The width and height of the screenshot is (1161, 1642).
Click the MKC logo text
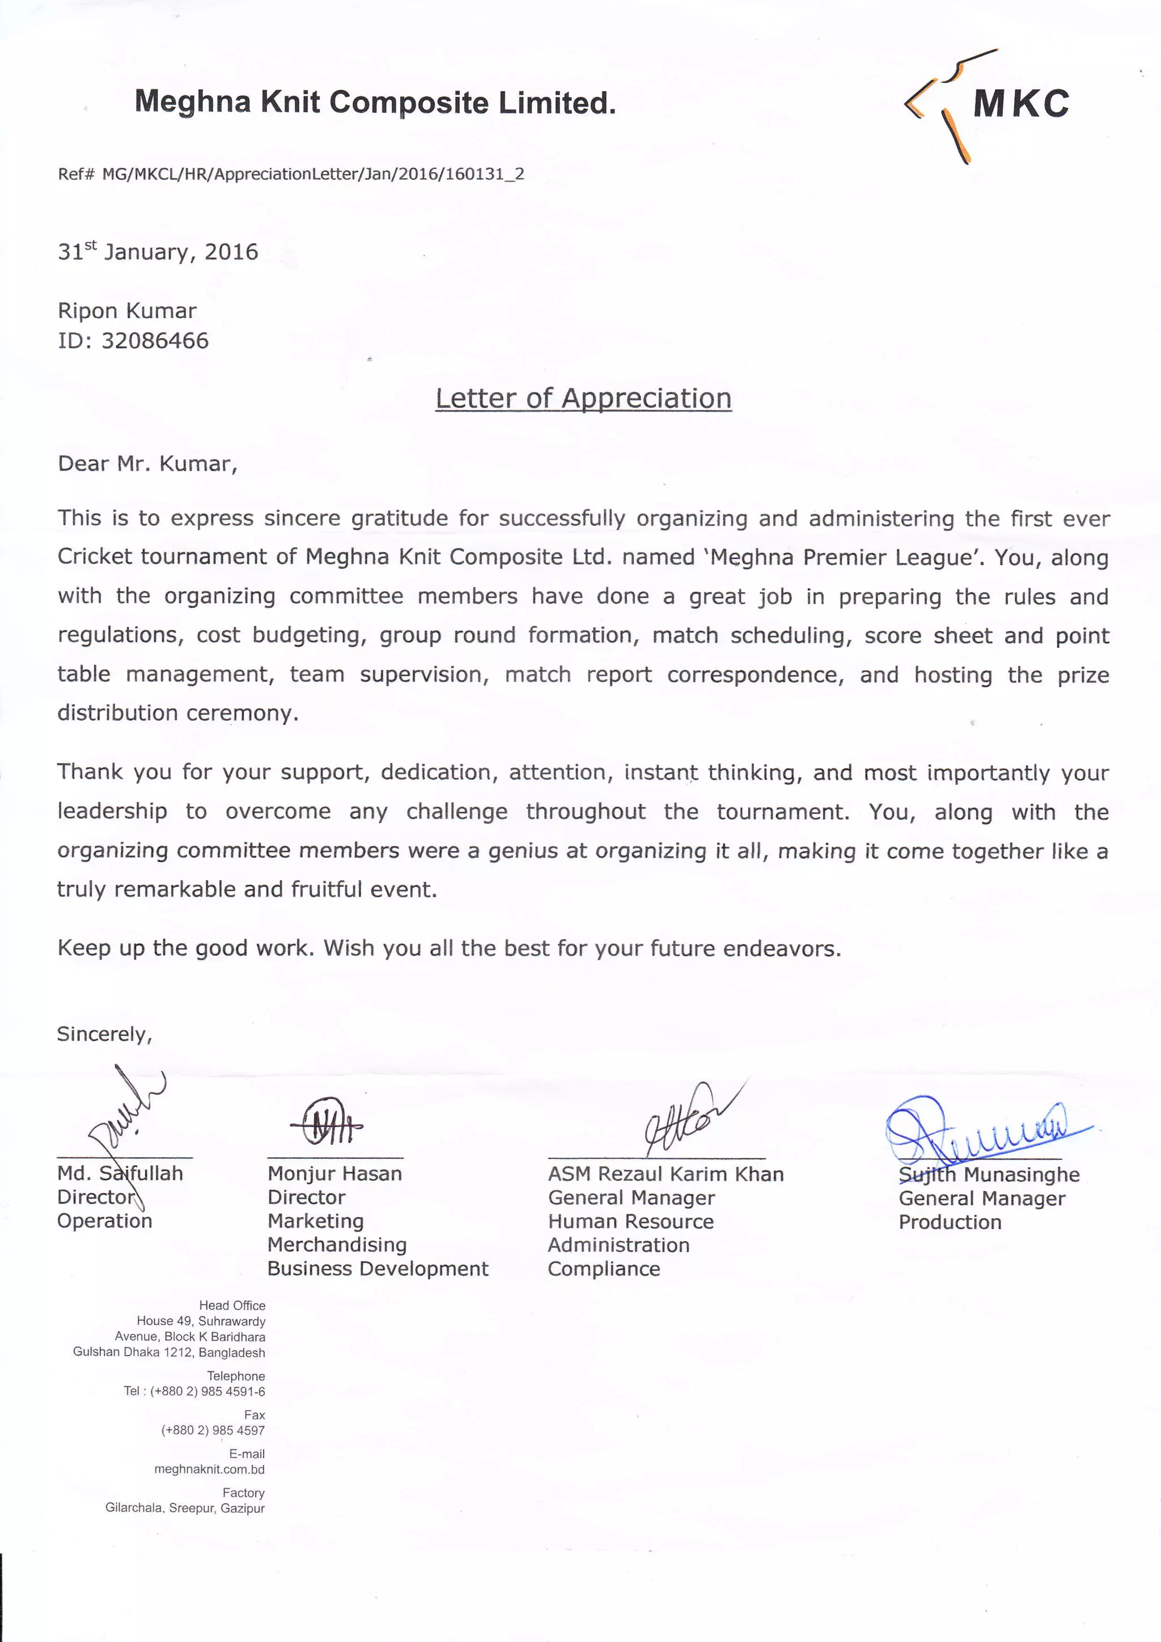click(1021, 104)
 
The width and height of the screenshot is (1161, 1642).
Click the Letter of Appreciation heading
click(583, 399)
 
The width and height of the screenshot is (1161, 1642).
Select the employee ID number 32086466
click(155, 340)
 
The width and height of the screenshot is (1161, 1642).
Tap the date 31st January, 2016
click(158, 252)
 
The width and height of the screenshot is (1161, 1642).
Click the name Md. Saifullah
click(120, 1174)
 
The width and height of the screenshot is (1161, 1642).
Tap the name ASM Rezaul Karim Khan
click(666, 1174)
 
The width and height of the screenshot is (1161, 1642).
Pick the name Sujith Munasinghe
click(989, 1175)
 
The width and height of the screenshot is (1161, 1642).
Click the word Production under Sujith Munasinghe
click(950, 1222)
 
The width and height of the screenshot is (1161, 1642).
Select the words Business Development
click(378, 1269)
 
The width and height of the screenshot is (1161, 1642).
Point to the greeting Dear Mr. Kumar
click(147, 464)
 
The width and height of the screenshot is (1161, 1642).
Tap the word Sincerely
click(104, 1034)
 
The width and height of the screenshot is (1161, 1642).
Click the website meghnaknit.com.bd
click(209, 1470)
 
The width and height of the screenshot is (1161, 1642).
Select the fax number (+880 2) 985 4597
click(213, 1431)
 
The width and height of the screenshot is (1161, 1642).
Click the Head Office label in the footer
click(232, 1305)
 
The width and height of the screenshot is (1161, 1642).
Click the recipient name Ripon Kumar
click(126, 311)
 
